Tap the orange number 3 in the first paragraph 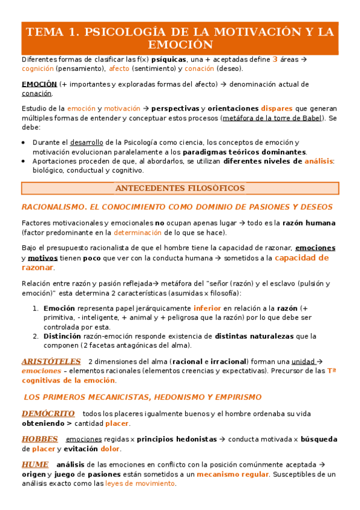(275, 60)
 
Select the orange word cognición (39, 69)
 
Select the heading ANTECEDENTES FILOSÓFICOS (180, 188)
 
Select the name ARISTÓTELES (51, 361)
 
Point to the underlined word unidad (304, 361)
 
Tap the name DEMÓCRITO (48, 414)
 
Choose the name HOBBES (40, 439)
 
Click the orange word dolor (110, 449)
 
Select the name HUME (35, 465)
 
